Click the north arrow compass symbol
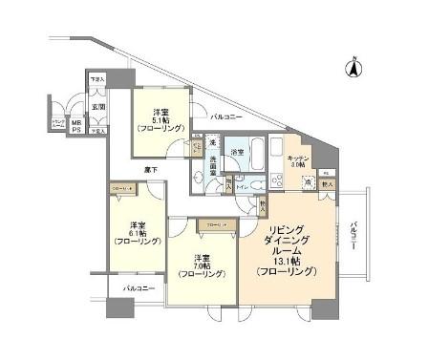click(x=353, y=68)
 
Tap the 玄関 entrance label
click(x=98, y=107)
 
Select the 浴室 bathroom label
click(x=238, y=152)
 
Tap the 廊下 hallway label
click(x=151, y=168)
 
